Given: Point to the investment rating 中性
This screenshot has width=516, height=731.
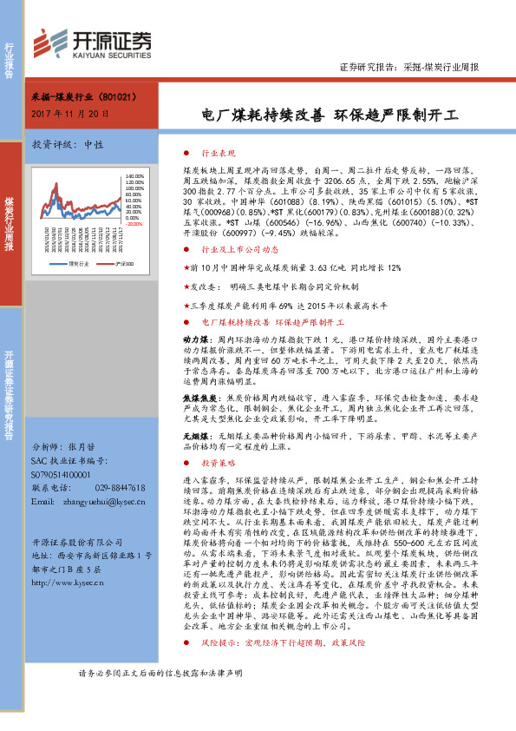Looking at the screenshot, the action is [94, 144].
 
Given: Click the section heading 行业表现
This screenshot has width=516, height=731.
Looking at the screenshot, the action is [206, 151].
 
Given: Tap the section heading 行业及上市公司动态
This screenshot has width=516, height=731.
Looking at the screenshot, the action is [226, 247].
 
